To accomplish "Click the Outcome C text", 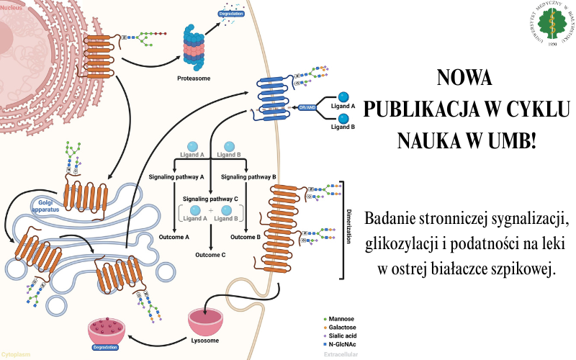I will click(x=210, y=255).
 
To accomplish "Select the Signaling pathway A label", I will click(x=176, y=176).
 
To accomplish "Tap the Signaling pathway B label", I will click(x=248, y=176).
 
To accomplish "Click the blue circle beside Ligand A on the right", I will click(x=344, y=97).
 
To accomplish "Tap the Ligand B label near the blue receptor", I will click(x=343, y=127).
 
